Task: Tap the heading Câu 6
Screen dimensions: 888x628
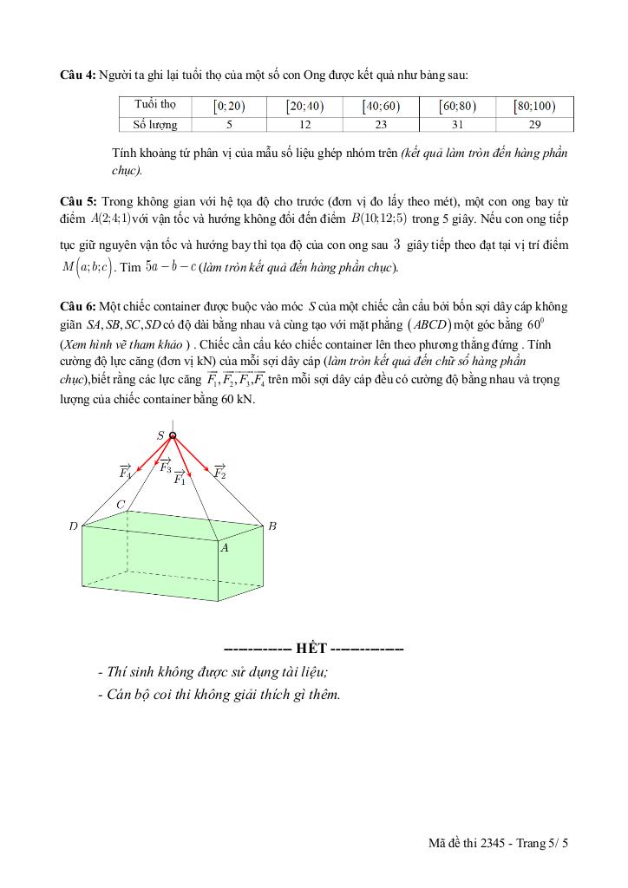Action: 78,307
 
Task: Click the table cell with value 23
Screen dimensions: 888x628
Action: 382,125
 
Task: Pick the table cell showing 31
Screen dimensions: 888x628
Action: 458,125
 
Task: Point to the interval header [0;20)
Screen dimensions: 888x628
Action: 230,107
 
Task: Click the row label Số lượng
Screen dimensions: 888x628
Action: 155,125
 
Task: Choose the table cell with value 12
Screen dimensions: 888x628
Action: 305,125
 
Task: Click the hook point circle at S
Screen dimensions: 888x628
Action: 173,436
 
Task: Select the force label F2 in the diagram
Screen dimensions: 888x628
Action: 219,473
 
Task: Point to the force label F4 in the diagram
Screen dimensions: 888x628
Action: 125,473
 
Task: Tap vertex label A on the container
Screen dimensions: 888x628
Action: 224,548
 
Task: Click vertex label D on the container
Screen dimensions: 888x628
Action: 73,526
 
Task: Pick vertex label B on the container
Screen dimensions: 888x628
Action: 271,526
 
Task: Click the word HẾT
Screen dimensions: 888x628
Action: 311,649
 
